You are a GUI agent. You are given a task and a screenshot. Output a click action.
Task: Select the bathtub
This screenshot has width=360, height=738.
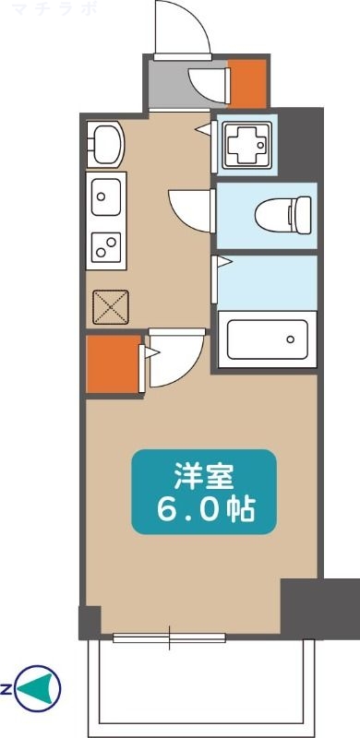267,340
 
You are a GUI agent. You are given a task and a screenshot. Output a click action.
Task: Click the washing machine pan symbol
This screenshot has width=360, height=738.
244,143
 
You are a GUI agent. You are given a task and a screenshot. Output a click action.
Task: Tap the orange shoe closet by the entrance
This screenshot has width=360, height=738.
246,83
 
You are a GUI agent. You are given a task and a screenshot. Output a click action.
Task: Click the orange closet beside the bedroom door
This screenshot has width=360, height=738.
111,364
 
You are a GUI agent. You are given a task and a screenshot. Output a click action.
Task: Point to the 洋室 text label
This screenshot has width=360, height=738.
204,478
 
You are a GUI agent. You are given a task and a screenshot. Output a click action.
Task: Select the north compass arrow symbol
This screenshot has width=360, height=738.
41,686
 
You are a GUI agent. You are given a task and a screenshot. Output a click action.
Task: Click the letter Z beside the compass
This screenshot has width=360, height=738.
6,687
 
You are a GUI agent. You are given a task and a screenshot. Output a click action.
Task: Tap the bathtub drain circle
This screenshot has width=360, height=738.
290,339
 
